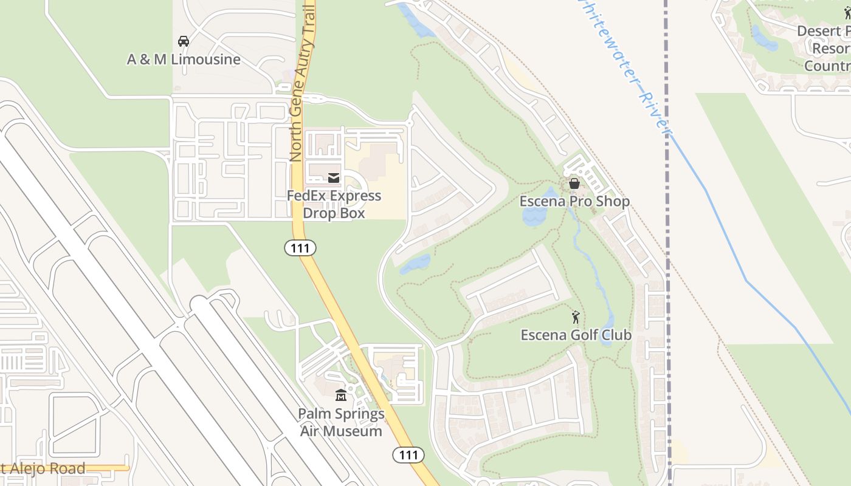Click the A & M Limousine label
point(184,60)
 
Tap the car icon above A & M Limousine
point(183,41)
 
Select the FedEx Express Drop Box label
point(334,205)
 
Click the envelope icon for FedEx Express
point(334,178)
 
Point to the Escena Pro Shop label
point(574,201)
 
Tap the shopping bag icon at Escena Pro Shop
point(574,183)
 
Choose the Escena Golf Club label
point(576,335)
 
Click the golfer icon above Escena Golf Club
point(576,317)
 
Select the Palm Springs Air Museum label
point(341,422)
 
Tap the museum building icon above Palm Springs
point(341,395)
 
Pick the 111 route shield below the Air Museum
point(408,454)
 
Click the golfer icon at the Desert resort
point(847,13)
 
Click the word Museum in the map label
point(341,431)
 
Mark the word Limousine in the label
point(205,60)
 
